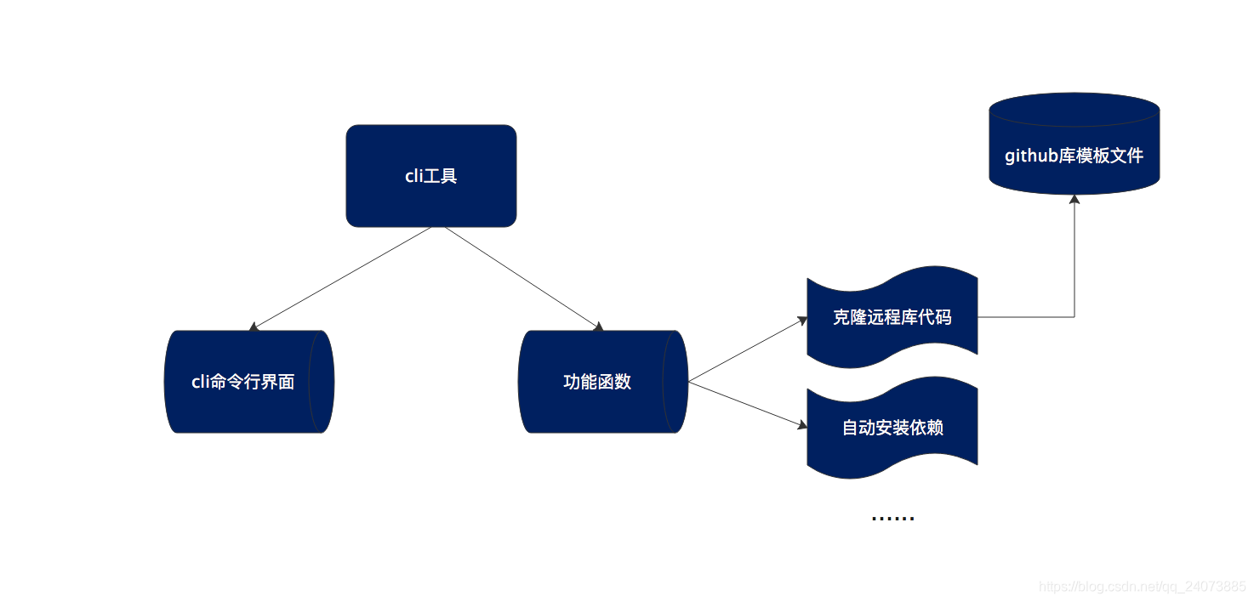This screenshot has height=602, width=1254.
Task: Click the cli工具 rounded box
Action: point(430,176)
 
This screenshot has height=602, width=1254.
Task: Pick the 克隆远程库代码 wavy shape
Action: point(892,317)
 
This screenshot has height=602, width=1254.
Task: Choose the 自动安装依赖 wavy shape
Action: point(892,428)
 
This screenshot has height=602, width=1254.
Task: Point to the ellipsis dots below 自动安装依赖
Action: point(892,517)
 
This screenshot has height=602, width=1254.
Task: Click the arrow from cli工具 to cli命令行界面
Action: point(340,278)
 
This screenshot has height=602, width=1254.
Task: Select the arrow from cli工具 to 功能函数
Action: point(523,278)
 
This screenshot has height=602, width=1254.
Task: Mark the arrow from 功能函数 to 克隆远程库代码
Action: point(747,349)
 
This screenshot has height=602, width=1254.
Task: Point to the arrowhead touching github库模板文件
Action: point(1074,199)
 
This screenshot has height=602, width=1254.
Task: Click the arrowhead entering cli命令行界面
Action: point(253,327)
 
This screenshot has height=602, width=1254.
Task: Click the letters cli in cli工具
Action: point(413,177)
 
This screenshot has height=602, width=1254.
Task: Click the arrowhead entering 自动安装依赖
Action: point(801,424)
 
